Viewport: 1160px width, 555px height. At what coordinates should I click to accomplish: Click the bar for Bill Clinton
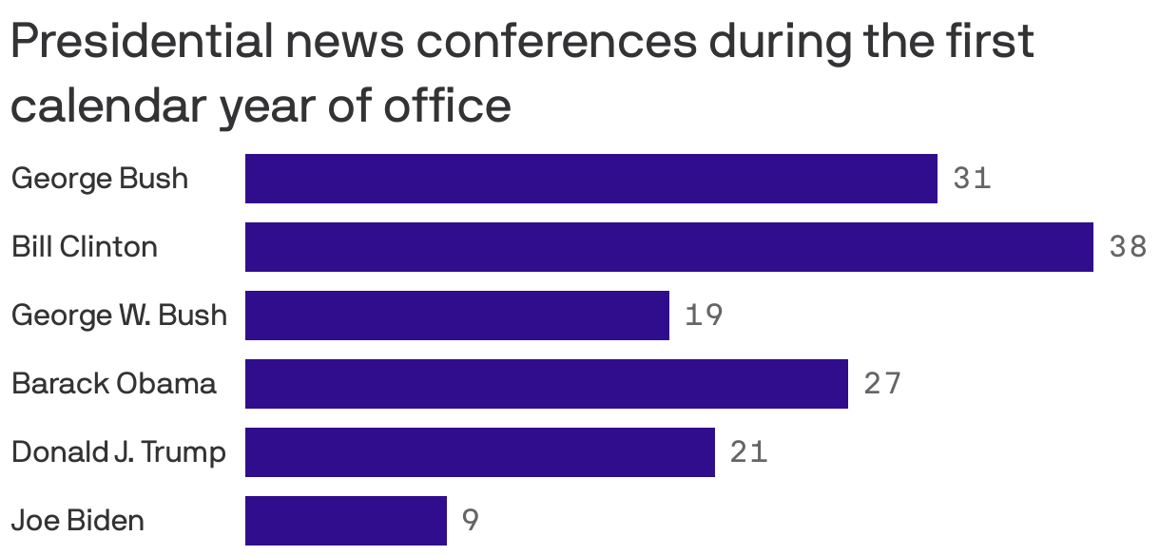[668, 247]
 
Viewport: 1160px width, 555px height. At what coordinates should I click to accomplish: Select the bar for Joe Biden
[345, 521]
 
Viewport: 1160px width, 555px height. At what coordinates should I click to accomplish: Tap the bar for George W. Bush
[456, 316]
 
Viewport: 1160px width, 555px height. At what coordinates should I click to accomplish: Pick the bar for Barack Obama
[546, 384]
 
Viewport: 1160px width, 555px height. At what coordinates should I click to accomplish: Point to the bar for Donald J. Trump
[479, 452]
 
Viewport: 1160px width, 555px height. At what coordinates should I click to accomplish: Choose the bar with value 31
[590, 179]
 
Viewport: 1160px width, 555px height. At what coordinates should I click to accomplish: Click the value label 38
[1128, 247]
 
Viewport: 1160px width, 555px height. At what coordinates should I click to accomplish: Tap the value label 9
[470, 521]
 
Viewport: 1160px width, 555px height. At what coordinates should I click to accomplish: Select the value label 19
[704, 316]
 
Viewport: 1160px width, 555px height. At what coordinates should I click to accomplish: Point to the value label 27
[881, 384]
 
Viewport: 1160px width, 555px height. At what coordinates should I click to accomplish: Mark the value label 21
[748, 452]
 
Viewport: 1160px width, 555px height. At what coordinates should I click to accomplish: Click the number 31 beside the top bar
[972, 179]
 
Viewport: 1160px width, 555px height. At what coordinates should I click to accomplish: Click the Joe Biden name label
[78, 521]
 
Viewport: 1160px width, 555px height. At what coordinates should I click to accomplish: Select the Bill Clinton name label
[85, 247]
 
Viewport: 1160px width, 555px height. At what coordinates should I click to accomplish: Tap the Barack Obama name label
[113, 384]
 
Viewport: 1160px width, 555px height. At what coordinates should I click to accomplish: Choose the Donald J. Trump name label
[119, 452]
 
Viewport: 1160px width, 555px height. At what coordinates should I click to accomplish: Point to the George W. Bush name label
[119, 316]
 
